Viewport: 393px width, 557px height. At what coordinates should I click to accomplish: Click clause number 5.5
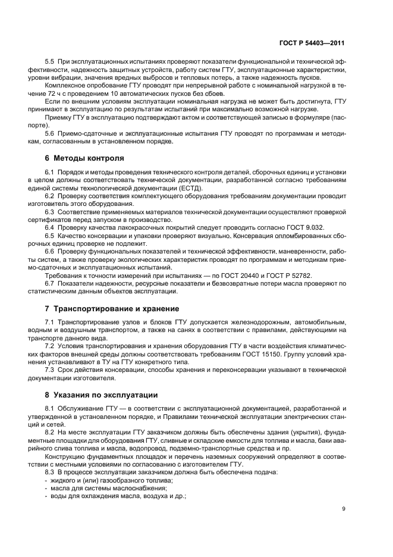[x=51, y=62]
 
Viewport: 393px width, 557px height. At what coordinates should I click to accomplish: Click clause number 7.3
[x=51, y=370]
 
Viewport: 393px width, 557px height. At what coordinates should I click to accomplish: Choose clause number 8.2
[x=51, y=433]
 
